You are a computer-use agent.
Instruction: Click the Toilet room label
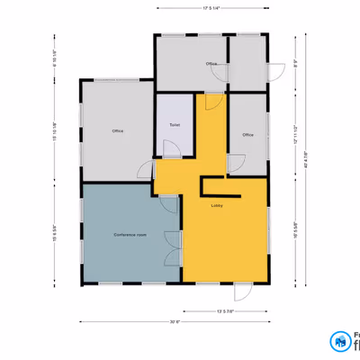(175, 124)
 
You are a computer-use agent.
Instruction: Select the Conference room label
(130, 234)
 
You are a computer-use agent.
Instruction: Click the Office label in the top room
(211, 64)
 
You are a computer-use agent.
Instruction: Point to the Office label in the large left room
(117, 131)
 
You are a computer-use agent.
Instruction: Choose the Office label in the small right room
(247, 135)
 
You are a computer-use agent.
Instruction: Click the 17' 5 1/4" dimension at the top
(212, 7)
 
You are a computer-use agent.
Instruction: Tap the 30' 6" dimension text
(175, 321)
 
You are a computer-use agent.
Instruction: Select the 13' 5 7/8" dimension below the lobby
(225, 310)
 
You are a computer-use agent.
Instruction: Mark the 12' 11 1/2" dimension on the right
(295, 135)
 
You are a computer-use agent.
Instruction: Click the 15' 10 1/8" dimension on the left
(56, 130)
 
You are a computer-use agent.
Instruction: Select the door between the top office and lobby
(211, 100)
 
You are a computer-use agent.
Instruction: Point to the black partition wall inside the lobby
(220, 194)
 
